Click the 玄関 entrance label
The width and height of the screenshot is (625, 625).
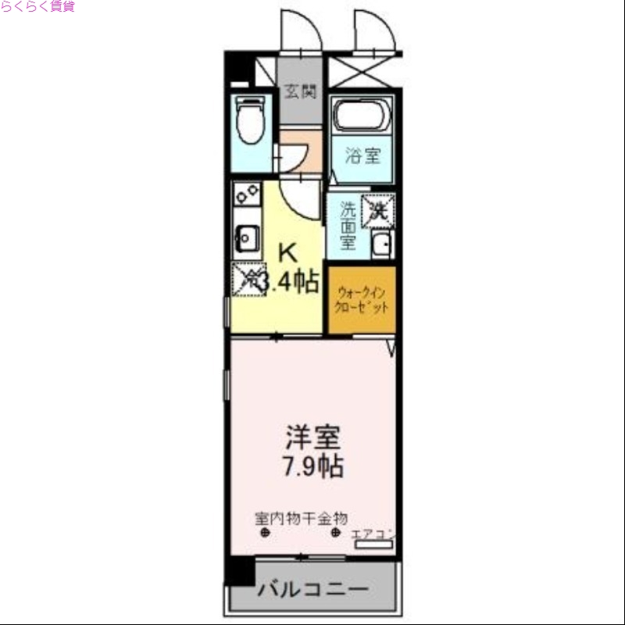(300, 91)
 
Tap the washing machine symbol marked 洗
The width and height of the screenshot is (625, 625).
(379, 209)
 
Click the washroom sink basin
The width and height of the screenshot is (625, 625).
(382, 245)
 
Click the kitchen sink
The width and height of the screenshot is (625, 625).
(247, 235)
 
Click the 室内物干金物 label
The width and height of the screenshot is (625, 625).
(301, 518)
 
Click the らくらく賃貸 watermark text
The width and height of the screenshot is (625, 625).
(37, 7)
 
